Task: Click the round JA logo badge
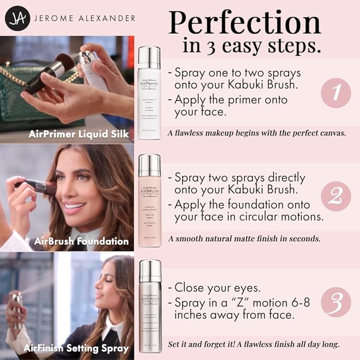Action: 16,18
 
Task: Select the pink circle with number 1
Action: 336,93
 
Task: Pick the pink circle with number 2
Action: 336,196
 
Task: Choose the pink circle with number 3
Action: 336,302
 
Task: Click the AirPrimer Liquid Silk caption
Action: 79,134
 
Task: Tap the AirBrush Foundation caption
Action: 81,241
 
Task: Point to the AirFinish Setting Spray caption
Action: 76,348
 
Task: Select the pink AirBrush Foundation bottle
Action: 149,200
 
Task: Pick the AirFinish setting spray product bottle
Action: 149,306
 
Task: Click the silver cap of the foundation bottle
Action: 149,165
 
